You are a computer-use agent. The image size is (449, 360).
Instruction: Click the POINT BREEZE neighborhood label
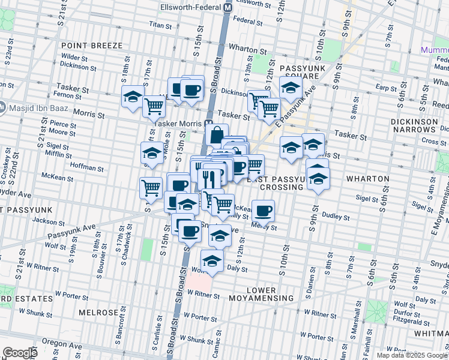pyautogui.click(x=91, y=46)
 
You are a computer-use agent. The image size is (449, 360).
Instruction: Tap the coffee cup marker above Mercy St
pyautogui.click(x=263, y=210)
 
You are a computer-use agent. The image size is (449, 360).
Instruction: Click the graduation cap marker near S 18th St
pyautogui.click(x=133, y=96)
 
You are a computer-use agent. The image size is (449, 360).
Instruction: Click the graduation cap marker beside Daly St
pyautogui.click(x=212, y=260)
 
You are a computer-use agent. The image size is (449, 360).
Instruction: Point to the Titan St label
pyautogui.click(x=160, y=25)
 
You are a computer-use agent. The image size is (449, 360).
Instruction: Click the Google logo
pyautogui.click(x=20, y=353)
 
